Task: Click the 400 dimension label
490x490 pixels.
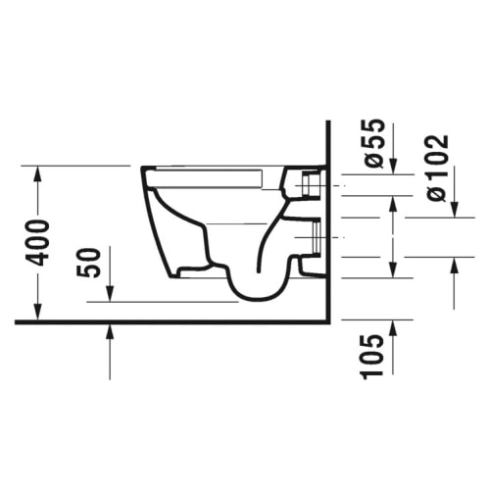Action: tap(38, 243)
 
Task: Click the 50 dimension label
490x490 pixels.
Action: tap(87, 263)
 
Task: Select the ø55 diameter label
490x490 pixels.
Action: tap(373, 143)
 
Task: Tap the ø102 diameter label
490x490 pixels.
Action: tap(438, 168)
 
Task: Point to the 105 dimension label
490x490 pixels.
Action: tap(371, 357)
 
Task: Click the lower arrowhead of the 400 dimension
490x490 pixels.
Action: tap(38, 312)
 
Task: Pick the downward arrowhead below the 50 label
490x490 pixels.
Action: tap(110, 294)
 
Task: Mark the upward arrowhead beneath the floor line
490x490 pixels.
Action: tap(110, 331)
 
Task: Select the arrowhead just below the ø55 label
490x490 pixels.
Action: tap(394, 167)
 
